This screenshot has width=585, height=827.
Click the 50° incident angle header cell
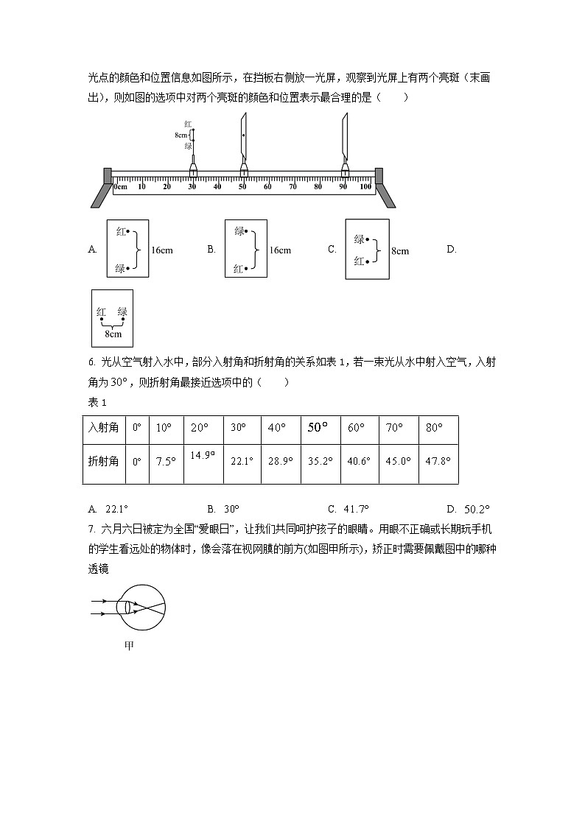coord(318,428)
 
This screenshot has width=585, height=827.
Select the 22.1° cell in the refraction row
coord(242,461)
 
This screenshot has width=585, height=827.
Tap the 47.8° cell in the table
coord(438,461)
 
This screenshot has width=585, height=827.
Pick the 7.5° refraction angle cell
coord(166,461)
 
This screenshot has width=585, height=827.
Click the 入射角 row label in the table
coord(103,428)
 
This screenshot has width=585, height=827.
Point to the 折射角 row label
coord(103,461)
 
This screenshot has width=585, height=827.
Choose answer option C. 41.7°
coord(348,509)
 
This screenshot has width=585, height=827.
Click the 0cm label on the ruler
coord(121,187)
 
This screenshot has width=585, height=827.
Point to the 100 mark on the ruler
coord(365,187)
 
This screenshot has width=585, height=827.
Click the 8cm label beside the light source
coord(181,136)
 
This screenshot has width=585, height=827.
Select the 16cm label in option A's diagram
coord(162,250)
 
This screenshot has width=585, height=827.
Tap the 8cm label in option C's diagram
coord(400,251)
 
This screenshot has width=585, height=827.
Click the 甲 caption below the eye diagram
coord(129,645)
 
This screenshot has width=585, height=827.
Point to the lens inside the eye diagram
coord(129,608)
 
